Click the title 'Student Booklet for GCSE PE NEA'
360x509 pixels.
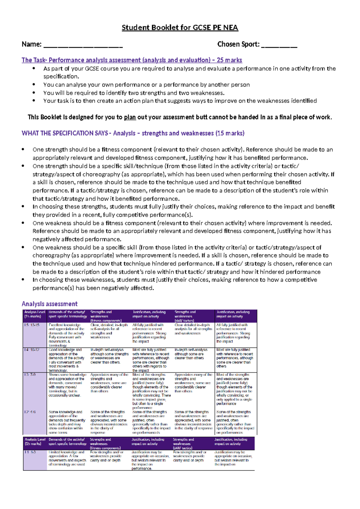tap(180, 28)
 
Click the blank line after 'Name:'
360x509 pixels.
tap(83, 46)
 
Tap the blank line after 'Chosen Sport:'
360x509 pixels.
tap(279, 46)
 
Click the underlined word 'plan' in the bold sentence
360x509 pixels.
tap(130, 117)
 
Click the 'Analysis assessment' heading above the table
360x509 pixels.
tap(49, 304)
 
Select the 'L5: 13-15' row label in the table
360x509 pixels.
tap(32, 325)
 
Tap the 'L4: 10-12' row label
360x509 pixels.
tap(32, 350)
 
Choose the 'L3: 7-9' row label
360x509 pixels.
tap(30, 375)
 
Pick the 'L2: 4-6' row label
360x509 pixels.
tap(30, 412)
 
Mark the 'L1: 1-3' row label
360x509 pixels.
tap(30, 452)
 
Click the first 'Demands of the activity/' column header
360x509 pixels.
tap(67, 314)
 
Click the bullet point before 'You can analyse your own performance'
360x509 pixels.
tap(34, 85)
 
